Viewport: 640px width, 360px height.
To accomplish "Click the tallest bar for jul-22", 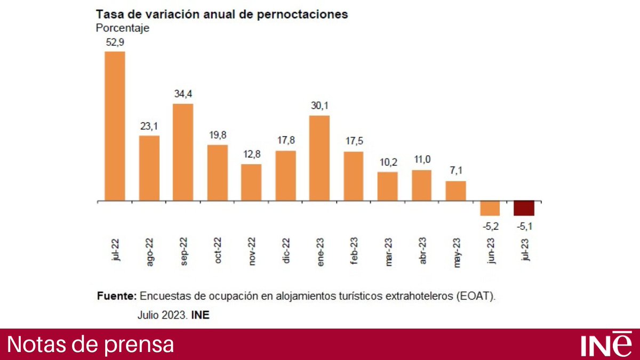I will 115,126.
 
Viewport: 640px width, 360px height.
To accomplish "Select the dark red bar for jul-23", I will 524,209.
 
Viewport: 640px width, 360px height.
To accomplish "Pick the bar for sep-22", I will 183,153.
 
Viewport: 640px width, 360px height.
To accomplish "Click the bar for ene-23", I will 319,158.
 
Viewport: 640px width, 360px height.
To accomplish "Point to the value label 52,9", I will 115,41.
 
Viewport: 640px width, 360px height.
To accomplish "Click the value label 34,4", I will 183,94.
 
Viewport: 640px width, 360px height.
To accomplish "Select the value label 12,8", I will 251,154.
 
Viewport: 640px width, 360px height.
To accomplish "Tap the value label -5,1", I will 524,226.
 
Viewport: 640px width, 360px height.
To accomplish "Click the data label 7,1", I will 455,171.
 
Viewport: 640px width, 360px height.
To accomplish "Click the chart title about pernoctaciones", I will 221,14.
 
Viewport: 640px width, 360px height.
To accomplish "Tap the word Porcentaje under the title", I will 122,28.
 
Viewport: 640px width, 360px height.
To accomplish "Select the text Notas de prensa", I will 91,344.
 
